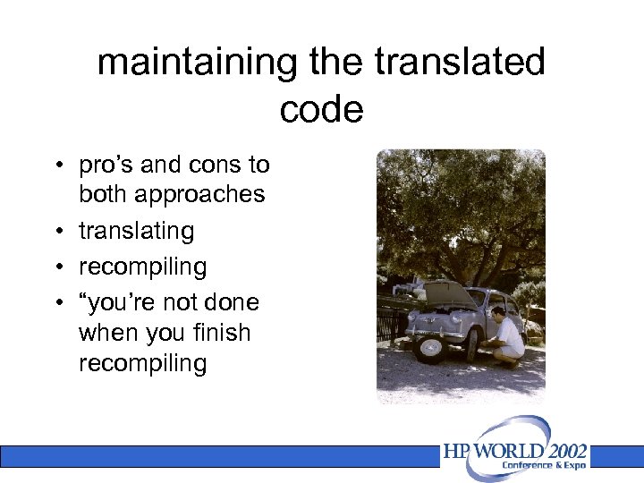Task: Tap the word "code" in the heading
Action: pyautogui.click(x=321, y=109)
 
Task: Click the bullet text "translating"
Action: pyautogui.click(x=136, y=231)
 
